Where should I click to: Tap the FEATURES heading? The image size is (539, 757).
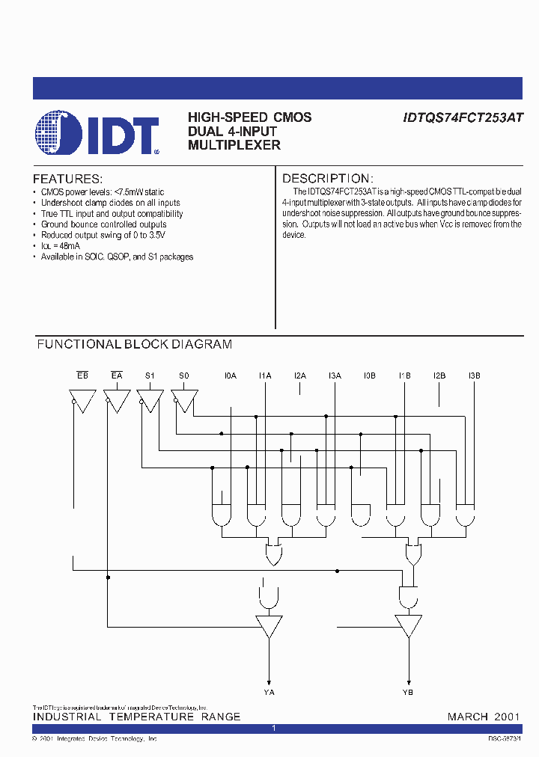click(67, 180)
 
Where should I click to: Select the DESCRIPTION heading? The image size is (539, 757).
click(327, 179)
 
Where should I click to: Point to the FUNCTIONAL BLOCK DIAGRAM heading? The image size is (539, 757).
click(135, 345)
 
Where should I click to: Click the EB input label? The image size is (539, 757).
click(82, 376)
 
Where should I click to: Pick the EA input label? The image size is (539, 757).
click(117, 376)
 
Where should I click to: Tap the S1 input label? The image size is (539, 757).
click(150, 376)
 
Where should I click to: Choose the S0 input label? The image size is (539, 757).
click(184, 376)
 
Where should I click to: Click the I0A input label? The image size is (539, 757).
click(231, 376)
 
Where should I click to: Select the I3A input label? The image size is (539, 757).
click(335, 376)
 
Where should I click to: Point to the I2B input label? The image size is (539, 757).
click(439, 376)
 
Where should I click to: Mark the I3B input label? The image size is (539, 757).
click(474, 376)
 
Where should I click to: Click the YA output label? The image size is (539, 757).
click(269, 692)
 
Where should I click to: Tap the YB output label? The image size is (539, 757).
click(408, 692)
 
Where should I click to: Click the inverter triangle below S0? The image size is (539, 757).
click(185, 400)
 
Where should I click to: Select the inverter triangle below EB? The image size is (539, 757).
click(82, 400)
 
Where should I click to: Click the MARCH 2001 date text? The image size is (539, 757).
click(484, 717)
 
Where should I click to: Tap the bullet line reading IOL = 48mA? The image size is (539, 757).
click(60, 245)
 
